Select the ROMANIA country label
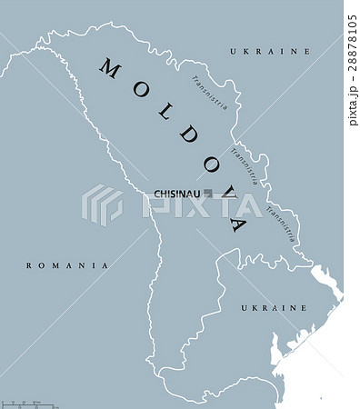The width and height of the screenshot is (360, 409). pyautogui.click(x=67, y=265)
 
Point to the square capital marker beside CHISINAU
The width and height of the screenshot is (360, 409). pyautogui.click(x=210, y=193)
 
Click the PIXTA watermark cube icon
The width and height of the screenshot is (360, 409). pyautogui.click(x=102, y=204)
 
